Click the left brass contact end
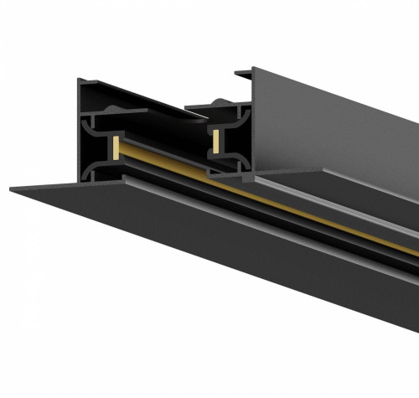[114, 147]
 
